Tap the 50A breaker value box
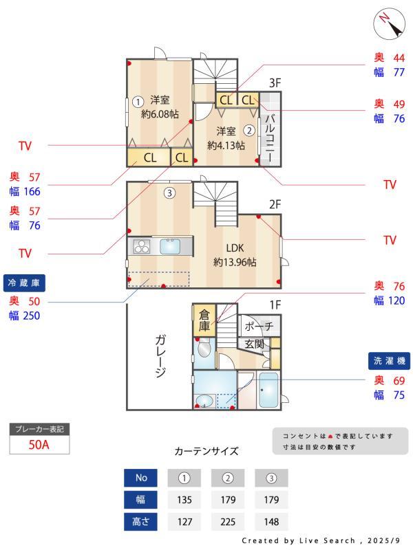click(39, 444)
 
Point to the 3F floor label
click(275, 84)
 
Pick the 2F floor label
click(275, 204)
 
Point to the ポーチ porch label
click(259, 326)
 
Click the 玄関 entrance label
click(255, 344)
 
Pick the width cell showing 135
click(184, 500)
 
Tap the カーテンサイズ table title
click(206, 452)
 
